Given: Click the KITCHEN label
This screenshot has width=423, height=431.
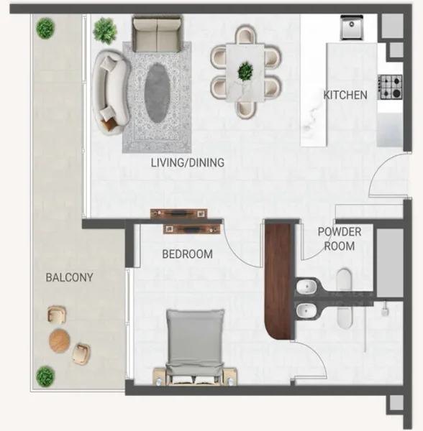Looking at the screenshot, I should (345, 95).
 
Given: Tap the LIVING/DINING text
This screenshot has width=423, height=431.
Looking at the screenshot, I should (187, 163).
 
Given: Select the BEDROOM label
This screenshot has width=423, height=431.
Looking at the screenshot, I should (187, 254).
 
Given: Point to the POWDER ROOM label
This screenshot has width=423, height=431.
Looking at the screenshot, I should (340, 238).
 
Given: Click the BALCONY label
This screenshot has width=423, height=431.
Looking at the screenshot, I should (69, 277).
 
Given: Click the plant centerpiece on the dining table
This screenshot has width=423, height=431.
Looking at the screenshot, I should (246, 70).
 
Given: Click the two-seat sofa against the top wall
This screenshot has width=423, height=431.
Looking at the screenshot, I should (155, 34).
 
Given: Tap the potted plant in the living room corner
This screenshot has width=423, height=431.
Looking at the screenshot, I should (105, 30).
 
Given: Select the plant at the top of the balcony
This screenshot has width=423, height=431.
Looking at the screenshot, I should (45, 29).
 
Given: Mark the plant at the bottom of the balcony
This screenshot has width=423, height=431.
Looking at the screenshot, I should (45, 376).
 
